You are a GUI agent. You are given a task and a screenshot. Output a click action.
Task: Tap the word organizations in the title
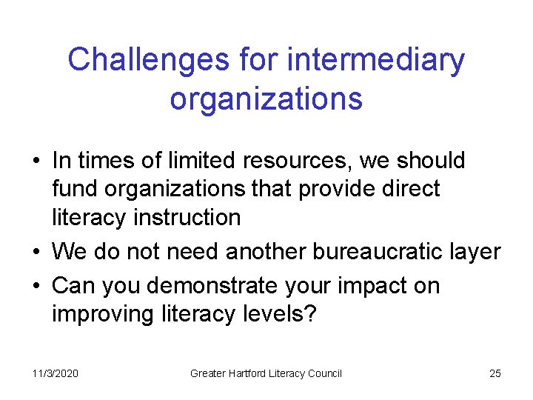[x=266, y=98]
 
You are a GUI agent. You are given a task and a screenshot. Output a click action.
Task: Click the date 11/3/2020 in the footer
[x=55, y=373]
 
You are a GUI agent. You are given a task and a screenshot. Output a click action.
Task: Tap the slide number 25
[x=495, y=373]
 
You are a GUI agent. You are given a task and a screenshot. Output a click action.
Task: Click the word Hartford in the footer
[x=255, y=373]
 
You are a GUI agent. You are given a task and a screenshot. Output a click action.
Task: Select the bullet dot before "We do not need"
[x=36, y=253]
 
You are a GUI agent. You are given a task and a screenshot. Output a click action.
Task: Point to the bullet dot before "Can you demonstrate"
[x=36, y=286]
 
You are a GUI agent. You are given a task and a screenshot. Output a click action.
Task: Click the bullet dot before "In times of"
[x=36, y=161]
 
